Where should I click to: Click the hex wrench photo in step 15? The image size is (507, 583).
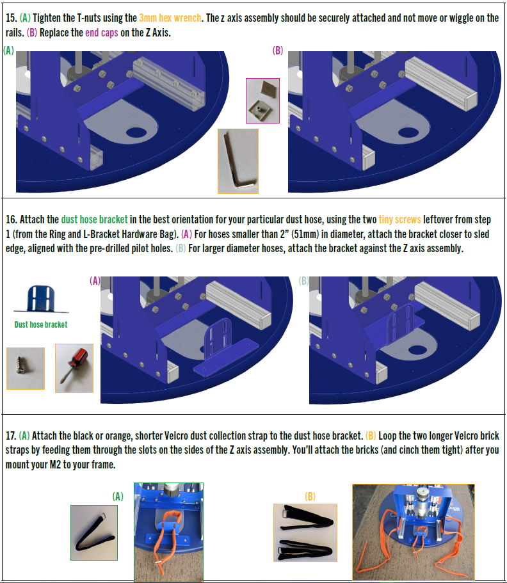238,161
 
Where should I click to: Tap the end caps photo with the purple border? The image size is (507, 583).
262,100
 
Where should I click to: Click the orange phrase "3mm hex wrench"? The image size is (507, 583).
170,18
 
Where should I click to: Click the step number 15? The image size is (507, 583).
11,18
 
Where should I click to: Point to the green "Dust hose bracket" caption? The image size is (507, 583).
41,324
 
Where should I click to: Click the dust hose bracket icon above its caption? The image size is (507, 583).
41,299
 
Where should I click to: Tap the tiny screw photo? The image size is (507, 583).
26,369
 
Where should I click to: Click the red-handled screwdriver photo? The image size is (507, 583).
74,368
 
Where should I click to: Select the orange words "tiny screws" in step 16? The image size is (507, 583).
400,220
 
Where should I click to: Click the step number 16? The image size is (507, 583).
11,220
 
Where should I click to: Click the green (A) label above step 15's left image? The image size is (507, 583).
8,50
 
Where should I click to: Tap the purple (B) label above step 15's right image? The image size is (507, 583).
278,50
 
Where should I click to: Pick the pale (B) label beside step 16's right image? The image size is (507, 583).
304,281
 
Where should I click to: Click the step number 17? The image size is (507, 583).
10,436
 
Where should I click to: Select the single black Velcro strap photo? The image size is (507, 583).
94,532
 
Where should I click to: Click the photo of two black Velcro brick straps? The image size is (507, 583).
305,532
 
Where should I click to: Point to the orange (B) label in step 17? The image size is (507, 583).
310,497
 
